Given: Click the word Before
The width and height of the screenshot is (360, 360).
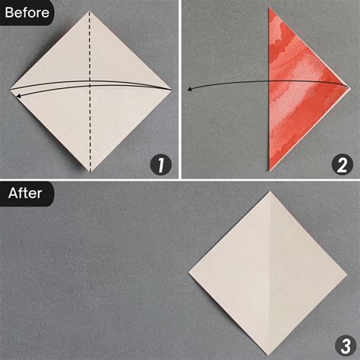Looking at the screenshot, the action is tap(27, 13).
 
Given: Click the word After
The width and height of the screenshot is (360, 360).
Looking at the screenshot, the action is tap(25, 194).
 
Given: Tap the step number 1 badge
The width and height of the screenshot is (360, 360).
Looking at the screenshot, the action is tap(160, 166).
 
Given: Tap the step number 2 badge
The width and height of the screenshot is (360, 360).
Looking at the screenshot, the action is tap(342, 166).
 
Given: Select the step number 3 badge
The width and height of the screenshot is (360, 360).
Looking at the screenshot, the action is tap(346, 346).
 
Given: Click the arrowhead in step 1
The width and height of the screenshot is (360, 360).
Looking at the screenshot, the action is tap(19, 96).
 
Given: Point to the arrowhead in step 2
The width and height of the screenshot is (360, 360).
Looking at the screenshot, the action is tap(190, 89).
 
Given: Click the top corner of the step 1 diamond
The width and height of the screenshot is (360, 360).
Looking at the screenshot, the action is tap(90, 11).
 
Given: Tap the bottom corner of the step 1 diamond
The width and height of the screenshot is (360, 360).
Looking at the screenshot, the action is tap(90, 172).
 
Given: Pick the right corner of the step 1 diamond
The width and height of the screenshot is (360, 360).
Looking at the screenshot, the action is tap(172, 90).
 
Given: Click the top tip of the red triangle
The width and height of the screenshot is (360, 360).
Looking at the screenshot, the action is tap(270, 8).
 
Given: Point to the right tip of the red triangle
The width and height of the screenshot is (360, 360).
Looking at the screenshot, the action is tap(349, 88).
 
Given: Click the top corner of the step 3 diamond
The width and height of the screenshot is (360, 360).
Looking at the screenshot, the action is tap(270, 191).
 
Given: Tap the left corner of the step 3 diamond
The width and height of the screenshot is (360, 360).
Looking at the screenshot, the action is tap(188, 272).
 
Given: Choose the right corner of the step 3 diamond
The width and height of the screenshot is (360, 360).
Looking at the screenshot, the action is tap(347, 274).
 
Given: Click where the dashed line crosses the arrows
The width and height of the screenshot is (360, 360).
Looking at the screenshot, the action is tap(90, 84).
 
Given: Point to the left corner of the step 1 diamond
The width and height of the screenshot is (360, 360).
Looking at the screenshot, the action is tap(10, 90).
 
